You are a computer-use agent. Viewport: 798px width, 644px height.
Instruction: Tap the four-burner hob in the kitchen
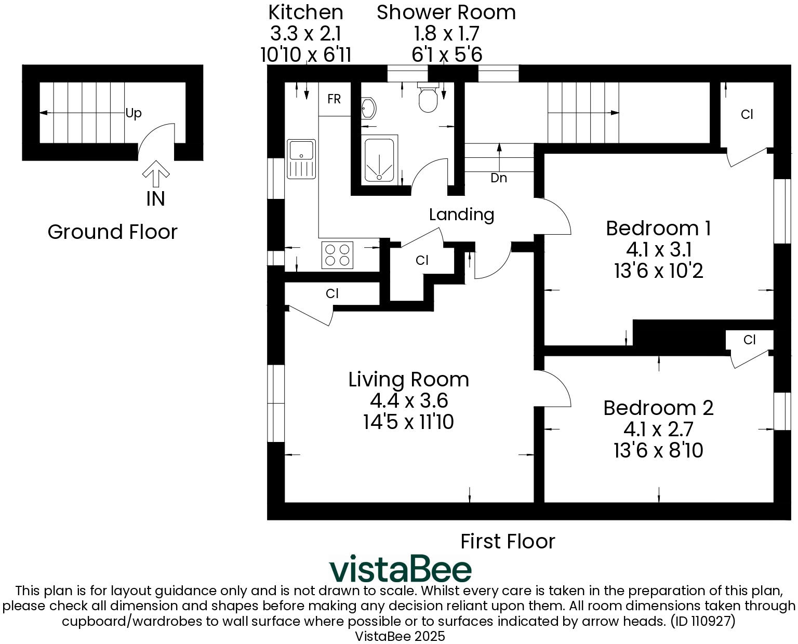pyautogui.click(x=337, y=255)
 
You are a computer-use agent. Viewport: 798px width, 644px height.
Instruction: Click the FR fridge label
pyautogui.click(x=334, y=99)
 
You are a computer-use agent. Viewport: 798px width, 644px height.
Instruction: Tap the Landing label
pyautogui.click(x=461, y=214)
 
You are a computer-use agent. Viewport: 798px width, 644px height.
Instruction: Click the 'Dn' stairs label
pyautogui.click(x=499, y=178)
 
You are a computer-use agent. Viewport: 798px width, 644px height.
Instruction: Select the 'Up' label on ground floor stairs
pyautogui.click(x=134, y=113)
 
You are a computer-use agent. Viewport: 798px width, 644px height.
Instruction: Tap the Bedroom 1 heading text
pyautogui.click(x=658, y=229)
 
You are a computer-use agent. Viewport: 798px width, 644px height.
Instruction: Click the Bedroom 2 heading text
pyautogui.click(x=658, y=408)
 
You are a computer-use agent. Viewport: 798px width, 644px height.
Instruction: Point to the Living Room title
pyautogui.click(x=409, y=380)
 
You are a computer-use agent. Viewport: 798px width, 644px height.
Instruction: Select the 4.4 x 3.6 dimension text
pyautogui.click(x=409, y=401)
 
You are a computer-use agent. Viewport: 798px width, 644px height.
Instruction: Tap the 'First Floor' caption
pyautogui.click(x=508, y=542)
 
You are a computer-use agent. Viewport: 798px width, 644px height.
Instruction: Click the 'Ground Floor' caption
pyautogui.click(x=112, y=232)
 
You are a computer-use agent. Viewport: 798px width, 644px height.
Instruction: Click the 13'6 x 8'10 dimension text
pyautogui.click(x=658, y=450)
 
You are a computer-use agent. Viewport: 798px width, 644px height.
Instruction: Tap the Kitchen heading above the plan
pyautogui.click(x=305, y=12)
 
